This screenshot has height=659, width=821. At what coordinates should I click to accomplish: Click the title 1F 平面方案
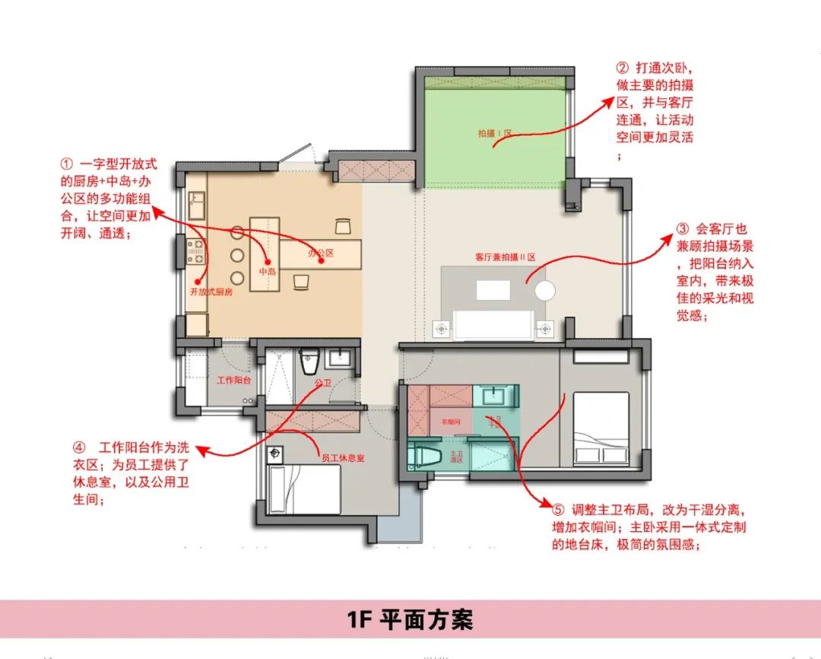tap(410, 619)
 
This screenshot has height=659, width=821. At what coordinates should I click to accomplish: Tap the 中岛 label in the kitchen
tap(267, 271)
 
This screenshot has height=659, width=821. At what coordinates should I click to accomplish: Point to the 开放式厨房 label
tap(211, 291)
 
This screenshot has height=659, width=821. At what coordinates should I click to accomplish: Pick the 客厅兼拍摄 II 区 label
tap(505, 257)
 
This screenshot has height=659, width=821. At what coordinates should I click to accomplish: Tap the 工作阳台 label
tap(234, 380)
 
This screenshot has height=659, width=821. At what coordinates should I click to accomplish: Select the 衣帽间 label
tap(451, 421)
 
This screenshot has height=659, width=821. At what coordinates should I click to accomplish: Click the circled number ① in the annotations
tap(66, 165)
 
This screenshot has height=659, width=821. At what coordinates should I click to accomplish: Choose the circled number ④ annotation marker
tap(79, 447)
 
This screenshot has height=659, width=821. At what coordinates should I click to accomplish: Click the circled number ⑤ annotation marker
tap(559, 509)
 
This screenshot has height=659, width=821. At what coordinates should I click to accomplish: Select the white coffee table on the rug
tap(493, 290)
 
